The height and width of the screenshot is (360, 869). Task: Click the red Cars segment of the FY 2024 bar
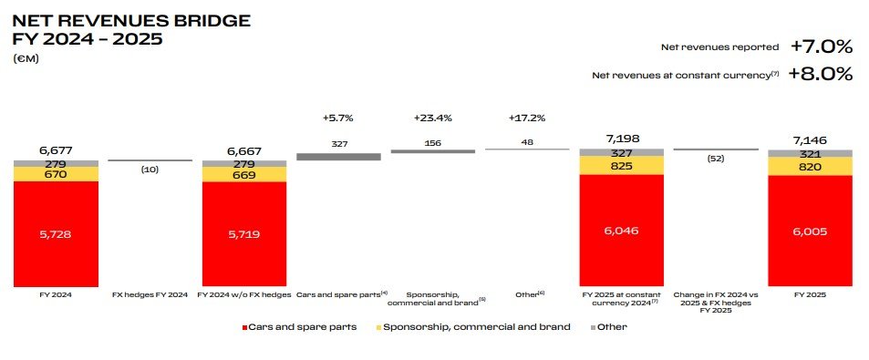pyautogui.click(x=55, y=234)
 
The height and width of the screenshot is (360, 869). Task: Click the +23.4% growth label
pyautogui.click(x=432, y=118)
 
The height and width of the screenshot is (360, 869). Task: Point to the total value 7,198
pyautogui.click(x=622, y=139)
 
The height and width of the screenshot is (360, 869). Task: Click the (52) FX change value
pyautogui.click(x=716, y=158)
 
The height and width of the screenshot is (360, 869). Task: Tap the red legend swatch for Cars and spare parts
pyautogui.click(x=244, y=326)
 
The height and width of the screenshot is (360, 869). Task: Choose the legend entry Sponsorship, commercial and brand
pyautogui.click(x=477, y=326)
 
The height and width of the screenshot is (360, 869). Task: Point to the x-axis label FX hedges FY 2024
pyautogui.click(x=150, y=295)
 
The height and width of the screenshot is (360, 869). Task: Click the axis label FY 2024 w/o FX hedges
pyautogui.click(x=243, y=295)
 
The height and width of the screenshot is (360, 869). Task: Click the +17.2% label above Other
pyautogui.click(x=528, y=118)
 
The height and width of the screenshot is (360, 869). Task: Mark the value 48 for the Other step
pyautogui.click(x=528, y=142)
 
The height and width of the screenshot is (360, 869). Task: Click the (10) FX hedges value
pyautogui.click(x=150, y=170)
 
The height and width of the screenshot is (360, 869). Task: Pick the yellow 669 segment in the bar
pyautogui.click(x=243, y=174)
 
